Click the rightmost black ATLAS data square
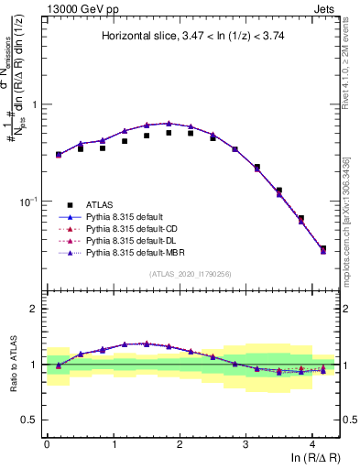tap(322, 248)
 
